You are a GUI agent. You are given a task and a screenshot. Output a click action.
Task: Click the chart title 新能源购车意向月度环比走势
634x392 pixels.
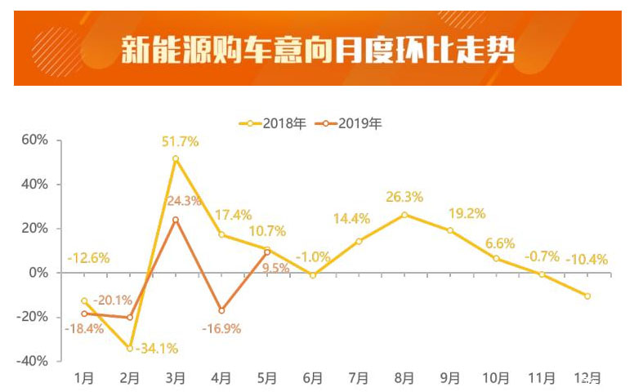pos(318,49)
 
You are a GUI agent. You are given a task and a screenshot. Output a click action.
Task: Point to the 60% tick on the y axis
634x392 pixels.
pos(34,140)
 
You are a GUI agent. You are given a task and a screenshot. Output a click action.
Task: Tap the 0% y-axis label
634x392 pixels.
pos(38,273)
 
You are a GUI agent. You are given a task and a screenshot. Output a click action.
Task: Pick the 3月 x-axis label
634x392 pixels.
pos(176,379)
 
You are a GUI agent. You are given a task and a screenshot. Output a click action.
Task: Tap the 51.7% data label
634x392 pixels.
pos(181,142)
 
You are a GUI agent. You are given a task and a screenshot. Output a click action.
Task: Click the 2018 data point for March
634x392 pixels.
pos(176,158)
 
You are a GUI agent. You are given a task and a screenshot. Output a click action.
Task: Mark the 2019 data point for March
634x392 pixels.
pos(176,220)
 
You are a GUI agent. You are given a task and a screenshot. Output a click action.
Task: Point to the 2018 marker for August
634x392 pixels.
pos(404,215)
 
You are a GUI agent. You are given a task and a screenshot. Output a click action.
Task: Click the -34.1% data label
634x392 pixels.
pos(156,349)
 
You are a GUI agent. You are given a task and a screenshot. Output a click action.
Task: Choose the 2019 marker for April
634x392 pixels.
pos(221,310)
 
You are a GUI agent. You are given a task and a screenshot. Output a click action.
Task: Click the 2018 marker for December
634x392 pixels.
pos(587,296)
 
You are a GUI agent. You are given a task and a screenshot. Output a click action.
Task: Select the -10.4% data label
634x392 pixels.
pos(587,261)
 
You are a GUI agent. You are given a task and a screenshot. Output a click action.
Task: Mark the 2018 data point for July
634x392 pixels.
pos(359,241)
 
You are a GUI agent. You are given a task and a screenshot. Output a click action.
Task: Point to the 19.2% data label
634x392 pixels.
pos(467,214)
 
